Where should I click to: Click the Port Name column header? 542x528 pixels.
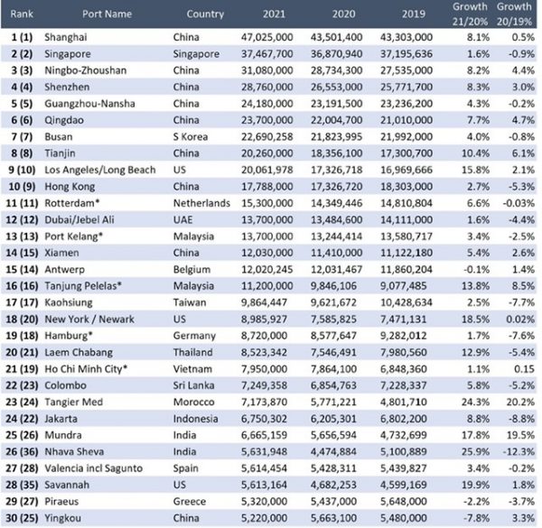[x=107, y=14]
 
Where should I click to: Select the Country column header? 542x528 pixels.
[x=205, y=14]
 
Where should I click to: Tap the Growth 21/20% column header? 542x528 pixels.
[x=470, y=14]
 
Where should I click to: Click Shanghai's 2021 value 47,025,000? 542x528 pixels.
[x=266, y=37]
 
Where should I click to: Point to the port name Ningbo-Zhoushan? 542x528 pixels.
[x=86, y=70]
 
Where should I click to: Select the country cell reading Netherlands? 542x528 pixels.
[x=201, y=203]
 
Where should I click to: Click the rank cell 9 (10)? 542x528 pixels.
[x=22, y=170]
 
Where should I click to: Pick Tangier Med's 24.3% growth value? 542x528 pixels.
[x=475, y=402]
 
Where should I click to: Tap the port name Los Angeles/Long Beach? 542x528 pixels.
[x=100, y=170]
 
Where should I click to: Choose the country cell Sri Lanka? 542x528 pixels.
[x=193, y=385]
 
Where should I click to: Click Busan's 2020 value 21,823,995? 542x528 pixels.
[x=336, y=137]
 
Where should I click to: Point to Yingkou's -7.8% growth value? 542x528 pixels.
[x=477, y=518]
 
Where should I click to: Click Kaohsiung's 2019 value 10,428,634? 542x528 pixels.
[x=406, y=302]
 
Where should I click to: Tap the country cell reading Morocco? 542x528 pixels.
[x=193, y=402]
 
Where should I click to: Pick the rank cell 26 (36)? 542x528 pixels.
[x=22, y=451]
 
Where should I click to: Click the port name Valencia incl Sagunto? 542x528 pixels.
[x=93, y=468]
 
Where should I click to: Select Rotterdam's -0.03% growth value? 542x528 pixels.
[x=519, y=203]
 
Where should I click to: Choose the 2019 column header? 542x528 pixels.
[x=414, y=14]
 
